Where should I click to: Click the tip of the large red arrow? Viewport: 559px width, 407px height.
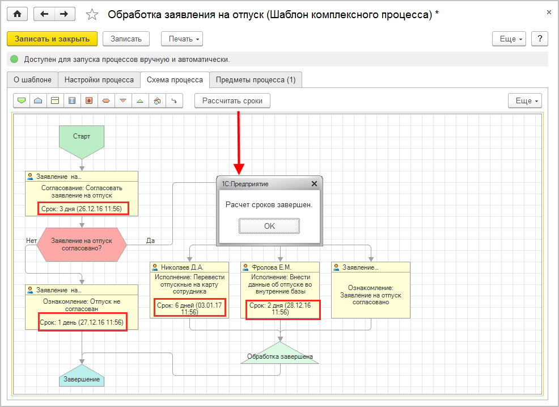(239, 175)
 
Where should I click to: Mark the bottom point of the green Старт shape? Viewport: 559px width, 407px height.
(82, 160)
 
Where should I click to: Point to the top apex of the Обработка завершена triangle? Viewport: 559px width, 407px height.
(280, 342)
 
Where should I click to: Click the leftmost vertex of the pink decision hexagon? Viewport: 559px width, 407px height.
(37, 245)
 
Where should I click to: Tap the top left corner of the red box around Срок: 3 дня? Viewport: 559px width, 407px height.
(38, 203)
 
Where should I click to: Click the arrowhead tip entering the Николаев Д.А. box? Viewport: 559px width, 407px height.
(190, 262)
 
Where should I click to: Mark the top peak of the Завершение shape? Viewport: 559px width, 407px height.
(82, 364)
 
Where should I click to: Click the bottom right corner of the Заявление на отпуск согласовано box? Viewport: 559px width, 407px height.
(410, 318)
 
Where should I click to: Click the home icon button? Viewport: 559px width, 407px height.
(17, 14)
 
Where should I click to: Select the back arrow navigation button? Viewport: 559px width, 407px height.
(44, 14)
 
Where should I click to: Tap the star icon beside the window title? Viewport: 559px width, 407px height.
(92, 15)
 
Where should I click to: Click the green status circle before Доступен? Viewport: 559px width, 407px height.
(14, 59)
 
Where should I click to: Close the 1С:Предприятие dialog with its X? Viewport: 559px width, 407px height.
(314, 183)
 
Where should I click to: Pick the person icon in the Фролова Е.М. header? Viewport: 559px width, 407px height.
(245, 267)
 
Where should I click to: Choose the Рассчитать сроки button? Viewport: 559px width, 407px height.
(232, 100)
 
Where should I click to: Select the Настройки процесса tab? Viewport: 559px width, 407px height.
(99, 79)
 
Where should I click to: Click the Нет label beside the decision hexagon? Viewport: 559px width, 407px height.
(31, 241)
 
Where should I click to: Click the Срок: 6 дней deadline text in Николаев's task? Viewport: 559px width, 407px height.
(190, 308)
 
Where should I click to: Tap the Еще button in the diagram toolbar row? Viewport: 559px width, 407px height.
(525, 100)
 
